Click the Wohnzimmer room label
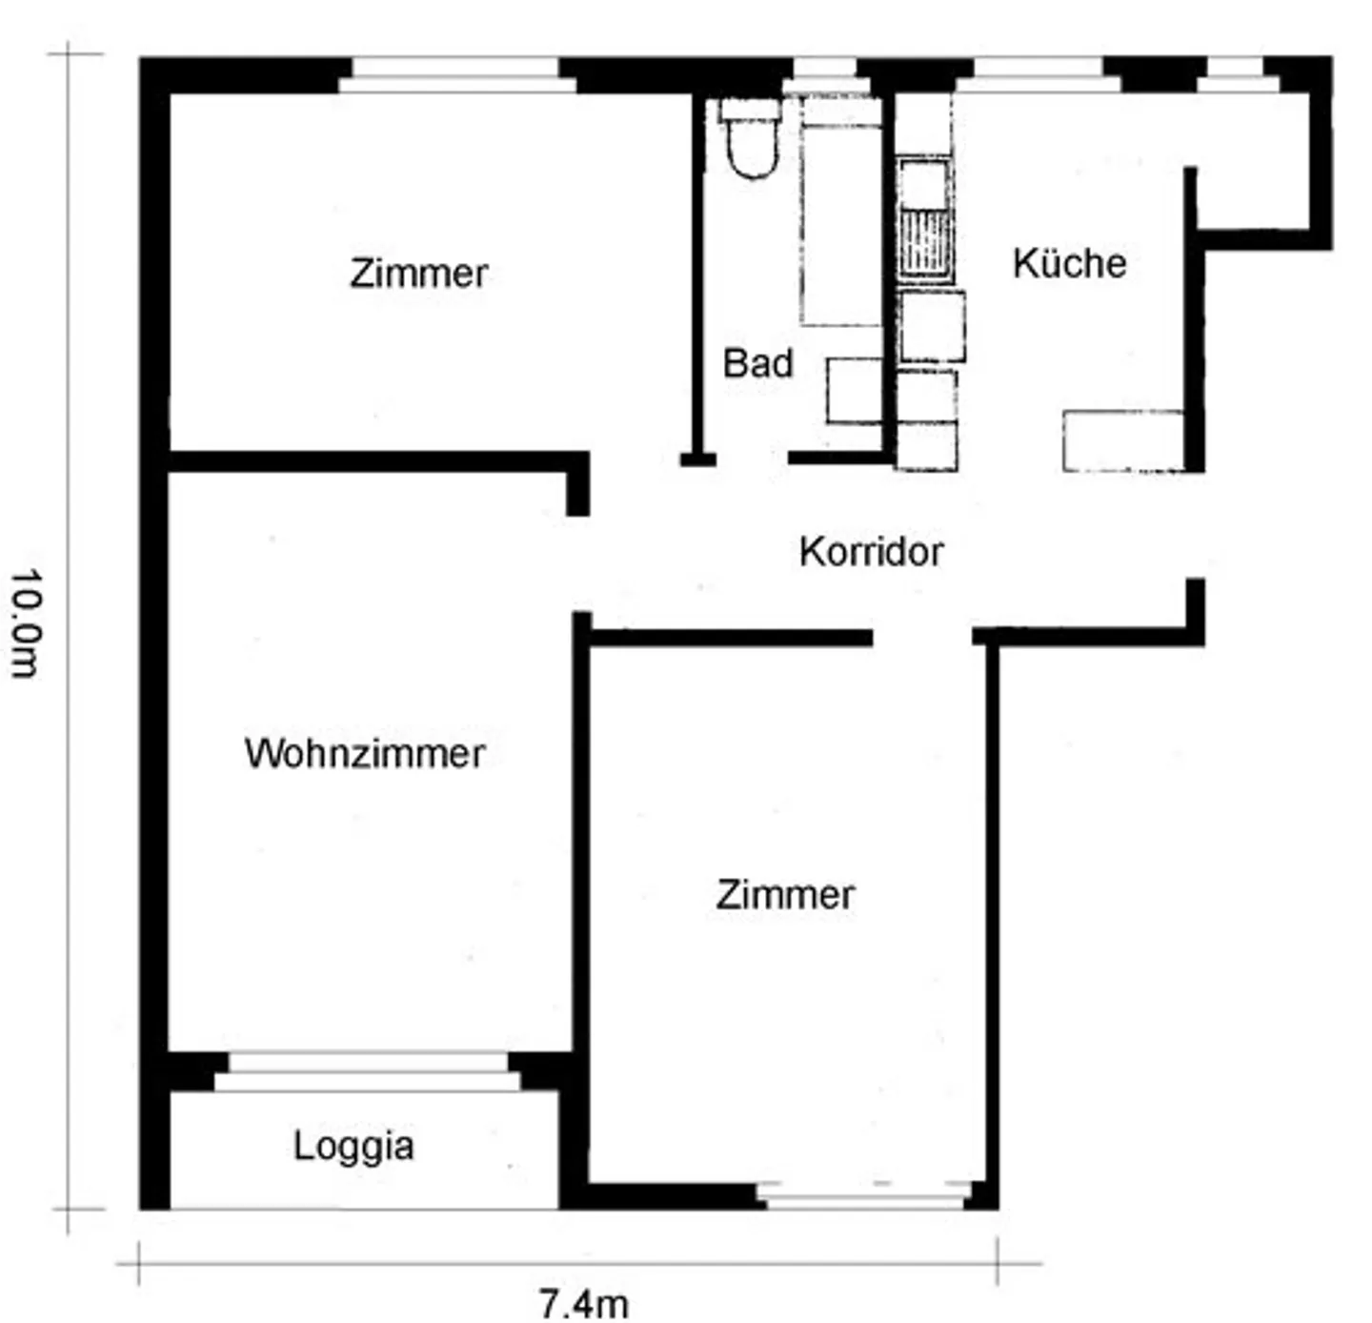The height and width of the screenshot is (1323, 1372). (365, 753)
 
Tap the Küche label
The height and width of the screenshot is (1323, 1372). (1069, 263)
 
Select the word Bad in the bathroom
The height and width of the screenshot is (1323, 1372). (757, 363)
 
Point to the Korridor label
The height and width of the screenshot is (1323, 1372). (871, 551)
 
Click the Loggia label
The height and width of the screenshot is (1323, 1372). (353, 1146)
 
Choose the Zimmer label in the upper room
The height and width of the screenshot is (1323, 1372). (418, 274)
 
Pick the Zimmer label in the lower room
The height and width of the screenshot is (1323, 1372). (785, 895)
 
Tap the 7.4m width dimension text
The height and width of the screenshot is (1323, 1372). (583, 1303)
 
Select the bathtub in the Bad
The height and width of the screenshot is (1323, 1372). (840, 214)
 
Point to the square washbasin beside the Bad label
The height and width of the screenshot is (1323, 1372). (854, 390)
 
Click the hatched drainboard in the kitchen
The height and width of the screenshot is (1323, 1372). (924, 244)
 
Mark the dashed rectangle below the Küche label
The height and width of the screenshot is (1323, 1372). (1122, 440)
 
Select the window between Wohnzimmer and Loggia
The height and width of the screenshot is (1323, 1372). (367, 1071)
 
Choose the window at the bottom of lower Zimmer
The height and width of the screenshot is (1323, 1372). (863, 1193)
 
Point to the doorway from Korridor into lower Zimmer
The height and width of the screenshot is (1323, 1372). (922, 637)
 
